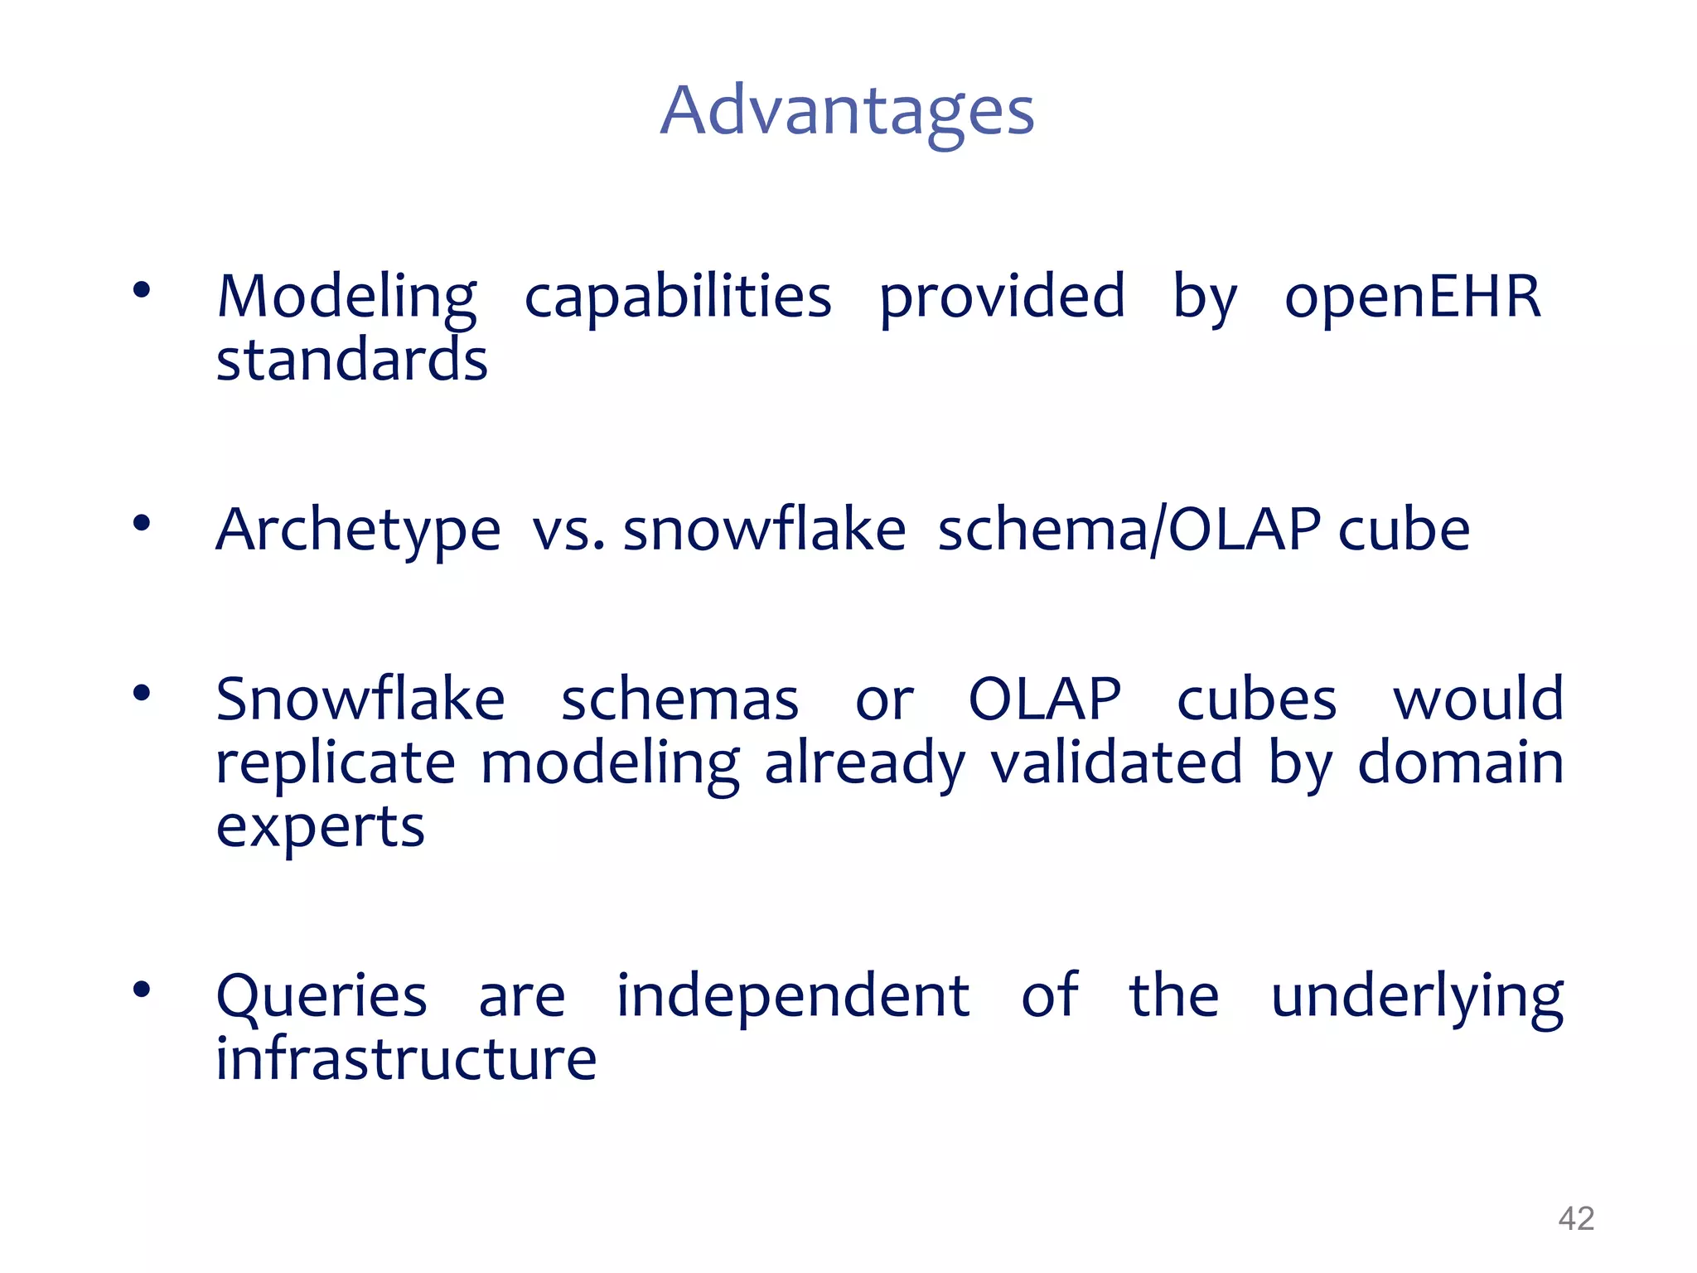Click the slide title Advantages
(x=847, y=112)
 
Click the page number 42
(x=1575, y=1218)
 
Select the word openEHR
(x=1412, y=297)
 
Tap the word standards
(x=351, y=361)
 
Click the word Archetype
(x=358, y=530)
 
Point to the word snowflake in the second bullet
(x=764, y=530)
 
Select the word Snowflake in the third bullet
(x=360, y=699)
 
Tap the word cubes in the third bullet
(x=1256, y=699)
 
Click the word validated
(x=1116, y=763)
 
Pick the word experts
(x=320, y=828)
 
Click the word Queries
(x=322, y=996)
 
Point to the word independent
(x=792, y=996)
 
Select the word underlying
(x=1417, y=998)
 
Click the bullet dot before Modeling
(x=142, y=289)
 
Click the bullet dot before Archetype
(x=142, y=523)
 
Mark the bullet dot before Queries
(x=142, y=989)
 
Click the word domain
(x=1460, y=763)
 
